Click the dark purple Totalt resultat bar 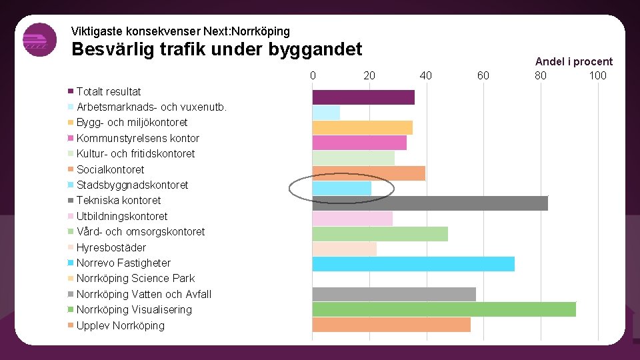click(363, 97)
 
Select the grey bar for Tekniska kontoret click(430, 203)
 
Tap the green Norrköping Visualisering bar click(444, 309)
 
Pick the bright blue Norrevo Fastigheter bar click(413, 264)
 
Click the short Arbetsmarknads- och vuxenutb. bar click(326, 113)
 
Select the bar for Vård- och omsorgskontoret click(380, 234)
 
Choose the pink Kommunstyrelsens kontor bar click(359, 143)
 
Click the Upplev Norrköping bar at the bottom click(391, 325)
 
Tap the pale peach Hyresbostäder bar click(345, 249)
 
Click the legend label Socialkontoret click(110, 169)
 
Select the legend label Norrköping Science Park click(135, 279)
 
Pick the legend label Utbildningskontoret click(122, 216)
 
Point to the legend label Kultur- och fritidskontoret click(135, 154)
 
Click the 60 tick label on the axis click(483, 75)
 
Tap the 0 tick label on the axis click(313, 75)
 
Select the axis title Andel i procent click(573, 61)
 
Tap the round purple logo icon click(39, 40)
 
